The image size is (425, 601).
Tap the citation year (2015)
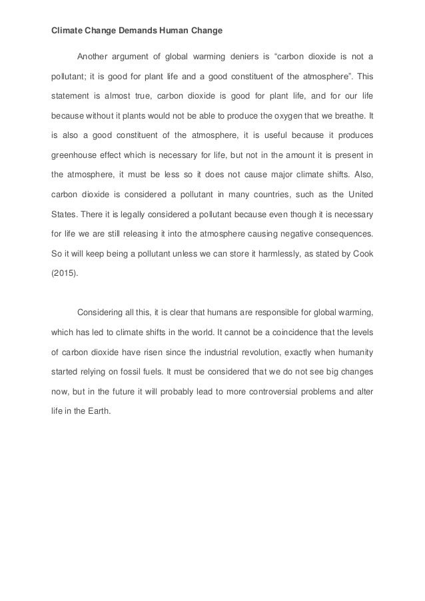(x=65, y=277)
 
